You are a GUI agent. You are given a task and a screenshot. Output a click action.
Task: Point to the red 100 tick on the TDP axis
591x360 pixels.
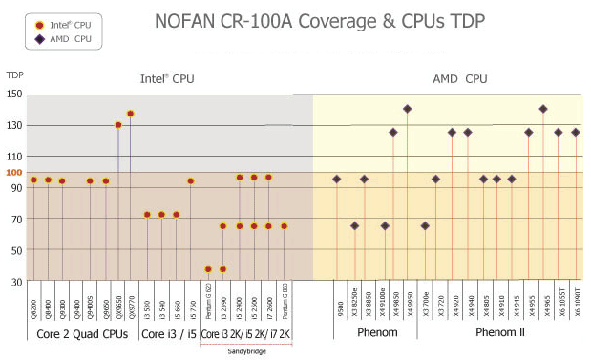pyautogui.click(x=14, y=172)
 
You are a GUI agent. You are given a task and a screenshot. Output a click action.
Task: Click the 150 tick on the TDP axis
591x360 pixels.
pyautogui.click(x=14, y=94)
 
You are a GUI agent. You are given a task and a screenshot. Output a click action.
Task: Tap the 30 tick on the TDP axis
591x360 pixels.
pyautogui.click(x=17, y=282)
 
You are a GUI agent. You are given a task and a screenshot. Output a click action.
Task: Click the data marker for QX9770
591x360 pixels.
pyautogui.click(x=131, y=114)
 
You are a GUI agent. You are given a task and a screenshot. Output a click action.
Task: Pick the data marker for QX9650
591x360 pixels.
pyautogui.click(x=118, y=125)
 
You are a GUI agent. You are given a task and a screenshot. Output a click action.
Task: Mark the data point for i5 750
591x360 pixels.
pyautogui.click(x=191, y=180)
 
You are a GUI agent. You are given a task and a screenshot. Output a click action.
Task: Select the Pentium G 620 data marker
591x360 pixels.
pyautogui.click(x=208, y=269)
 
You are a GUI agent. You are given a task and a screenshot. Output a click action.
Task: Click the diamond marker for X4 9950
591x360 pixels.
pyautogui.click(x=408, y=109)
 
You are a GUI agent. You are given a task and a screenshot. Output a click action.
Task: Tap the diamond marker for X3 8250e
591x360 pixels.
pyautogui.click(x=354, y=226)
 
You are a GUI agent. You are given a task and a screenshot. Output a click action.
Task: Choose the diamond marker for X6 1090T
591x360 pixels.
pyautogui.click(x=575, y=132)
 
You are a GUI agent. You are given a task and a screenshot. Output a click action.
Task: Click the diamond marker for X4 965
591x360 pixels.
pyautogui.click(x=543, y=109)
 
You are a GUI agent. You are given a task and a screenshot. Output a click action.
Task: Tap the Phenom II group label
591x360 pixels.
pyautogui.click(x=500, y=335)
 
